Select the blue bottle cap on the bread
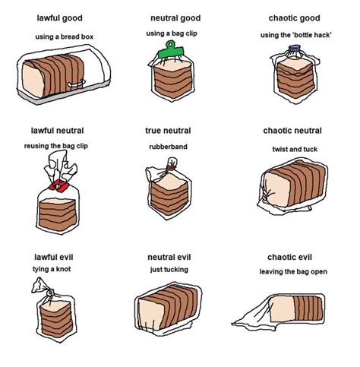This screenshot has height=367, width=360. pos(297,52)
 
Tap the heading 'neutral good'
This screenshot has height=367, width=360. pos(175,17)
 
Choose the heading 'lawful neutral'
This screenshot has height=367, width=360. pos(58,131)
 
